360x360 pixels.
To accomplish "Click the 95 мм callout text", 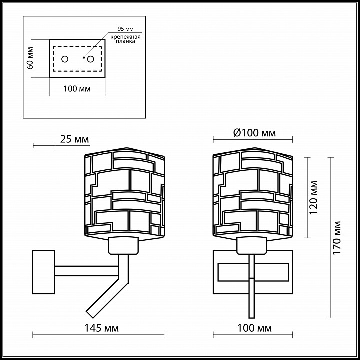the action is coord(125,29).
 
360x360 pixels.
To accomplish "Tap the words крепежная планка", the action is coord(125,39).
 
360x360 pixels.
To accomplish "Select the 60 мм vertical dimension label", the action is coord(30,58).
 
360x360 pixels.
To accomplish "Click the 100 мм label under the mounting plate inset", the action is coord(77,89).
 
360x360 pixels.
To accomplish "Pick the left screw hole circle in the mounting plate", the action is coord(65,59).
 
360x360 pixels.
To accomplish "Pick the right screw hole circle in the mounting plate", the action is coord(90,59).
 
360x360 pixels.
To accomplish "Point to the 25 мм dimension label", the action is coord(74,139).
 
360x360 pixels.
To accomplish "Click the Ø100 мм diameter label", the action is coord(254,133).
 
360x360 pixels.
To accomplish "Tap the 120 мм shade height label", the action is coord(313,197).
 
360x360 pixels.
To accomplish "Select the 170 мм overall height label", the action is coord(337,238).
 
